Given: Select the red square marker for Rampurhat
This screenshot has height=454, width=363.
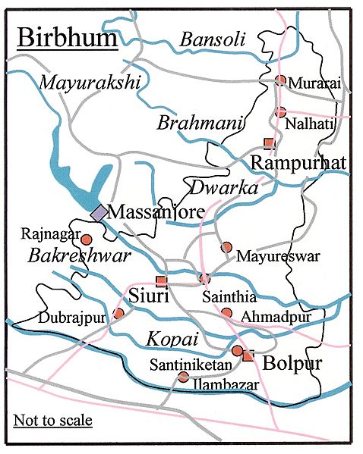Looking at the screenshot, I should click(x=267, y=142).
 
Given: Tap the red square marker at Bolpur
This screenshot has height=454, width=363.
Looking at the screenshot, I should click(x=248, y=355).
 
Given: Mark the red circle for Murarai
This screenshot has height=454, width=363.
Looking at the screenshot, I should click(x=280, y=80).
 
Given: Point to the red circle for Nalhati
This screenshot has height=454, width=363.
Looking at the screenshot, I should click(x=280, y=112).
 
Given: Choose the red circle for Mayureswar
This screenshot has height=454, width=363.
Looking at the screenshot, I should click(x=226, y=247).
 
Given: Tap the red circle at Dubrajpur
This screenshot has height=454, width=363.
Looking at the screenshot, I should click(x=118, y=313).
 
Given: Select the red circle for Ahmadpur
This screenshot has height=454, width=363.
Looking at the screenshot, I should click(x=226, y=312).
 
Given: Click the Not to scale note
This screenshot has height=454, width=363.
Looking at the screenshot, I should click(x=52, y=420).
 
